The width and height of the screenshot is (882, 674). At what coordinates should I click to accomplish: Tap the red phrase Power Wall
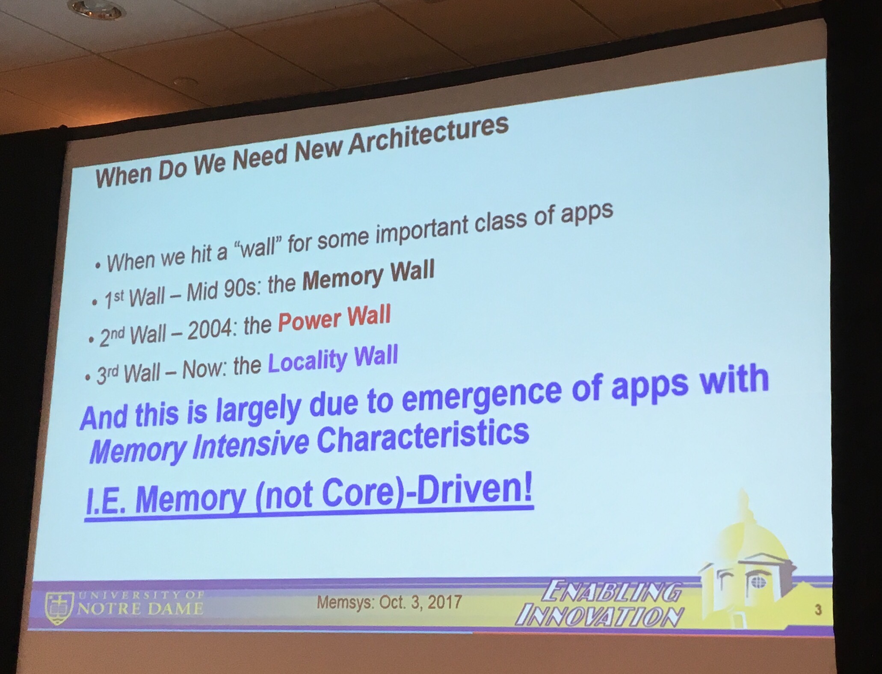[x=334, y=319]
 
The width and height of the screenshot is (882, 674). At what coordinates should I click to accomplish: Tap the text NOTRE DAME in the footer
[x=139, y=608]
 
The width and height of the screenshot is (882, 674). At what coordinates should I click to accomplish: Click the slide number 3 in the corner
[x=817, y=610]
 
